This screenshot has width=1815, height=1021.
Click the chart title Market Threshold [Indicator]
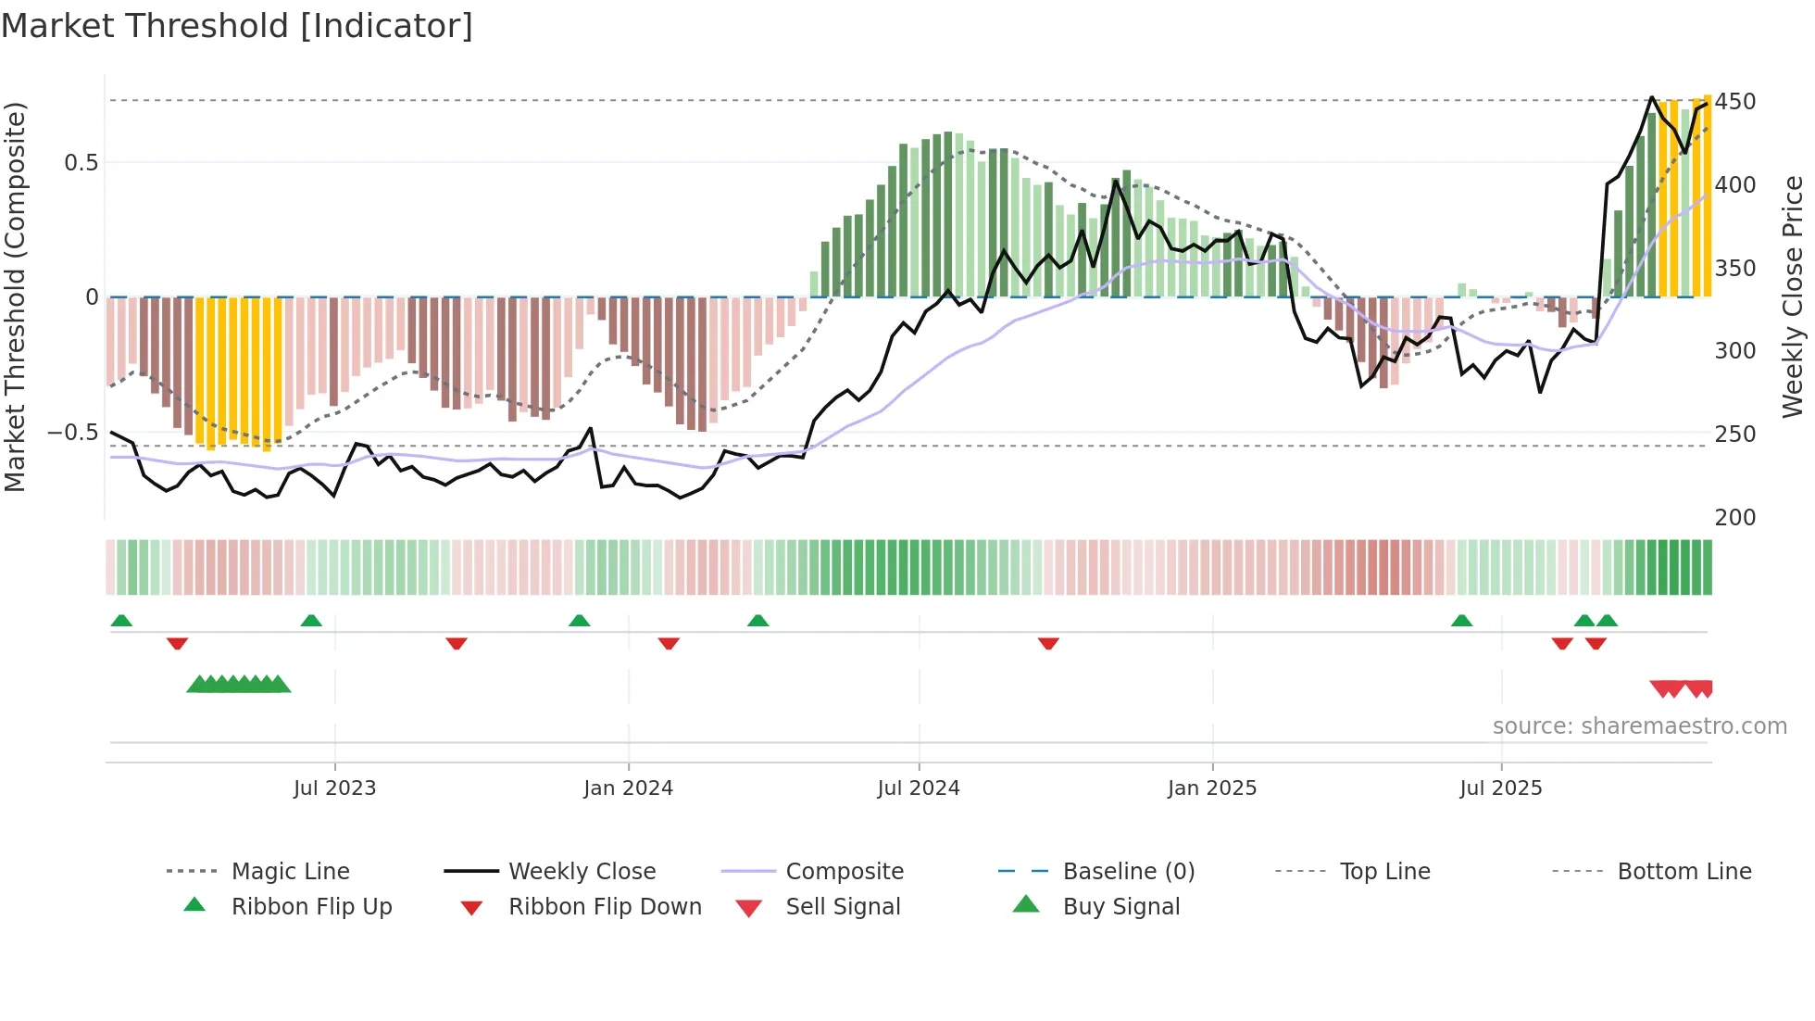pyautogui.click(x=237, y=26)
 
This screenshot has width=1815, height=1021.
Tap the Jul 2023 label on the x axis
pyautogui.click(x=334, y=788)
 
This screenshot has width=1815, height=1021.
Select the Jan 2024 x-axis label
pyautogui.click(x=628, y=788)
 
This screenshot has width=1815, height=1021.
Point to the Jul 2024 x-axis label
pyautogui.click(x=918, y=788)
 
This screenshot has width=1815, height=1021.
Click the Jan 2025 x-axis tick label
pyautogui.click(x=1211, y=788)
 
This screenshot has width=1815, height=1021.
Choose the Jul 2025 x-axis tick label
pyautogui.click(x=1500, y=788)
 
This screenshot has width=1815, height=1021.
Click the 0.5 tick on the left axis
pyautogui.click(x=81, y=163)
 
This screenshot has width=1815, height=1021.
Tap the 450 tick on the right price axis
pyautogui.click(x=1734, y=102)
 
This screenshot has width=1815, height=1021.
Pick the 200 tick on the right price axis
pyautogui.click(x=1734, y=517)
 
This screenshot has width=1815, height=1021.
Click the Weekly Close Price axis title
pyautogui.click(x=1793, y=296)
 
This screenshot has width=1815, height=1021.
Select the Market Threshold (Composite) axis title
pyautogui.click(x=15, y=296)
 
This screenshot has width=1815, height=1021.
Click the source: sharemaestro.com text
pyautogui.click(x=1639, y=726)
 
